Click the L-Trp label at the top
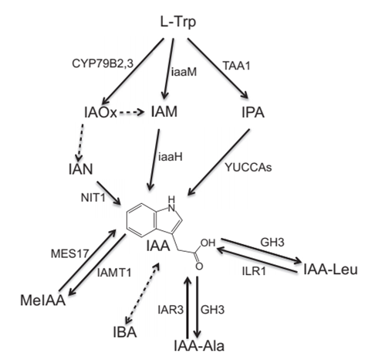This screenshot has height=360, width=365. coord(178,22)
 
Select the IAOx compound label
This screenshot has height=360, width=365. coord(100,112)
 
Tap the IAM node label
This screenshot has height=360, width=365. coord(164,112)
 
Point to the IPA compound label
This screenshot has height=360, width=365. coord(253,112)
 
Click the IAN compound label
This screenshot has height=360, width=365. coord(81,169)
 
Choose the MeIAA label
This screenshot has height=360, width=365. coord(43,300)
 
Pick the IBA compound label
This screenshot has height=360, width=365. coord(125,331)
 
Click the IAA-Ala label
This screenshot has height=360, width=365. coord(199,345)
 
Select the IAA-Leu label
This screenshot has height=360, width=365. coord(330,270)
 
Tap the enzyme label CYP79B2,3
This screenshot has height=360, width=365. coord(103,63)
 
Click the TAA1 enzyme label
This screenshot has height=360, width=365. coord(236,66)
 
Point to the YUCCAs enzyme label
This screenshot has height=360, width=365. coord(248,167)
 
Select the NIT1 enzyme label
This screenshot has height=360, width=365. coord(93,198)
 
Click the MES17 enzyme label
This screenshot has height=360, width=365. coord(69,253)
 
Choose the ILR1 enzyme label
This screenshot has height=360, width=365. coord(254,271)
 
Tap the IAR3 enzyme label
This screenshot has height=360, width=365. coord(171,310)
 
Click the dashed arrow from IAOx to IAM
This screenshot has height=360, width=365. coord(132,113)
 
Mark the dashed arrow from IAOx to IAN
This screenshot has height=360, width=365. coord(80,143)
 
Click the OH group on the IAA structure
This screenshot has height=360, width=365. coord(208,243)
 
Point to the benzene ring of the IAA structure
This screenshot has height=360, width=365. coord(141,219)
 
